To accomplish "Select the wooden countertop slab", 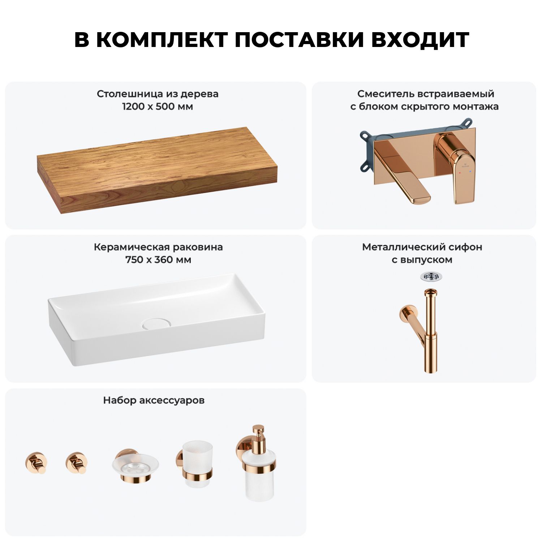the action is click(x=157, y=170).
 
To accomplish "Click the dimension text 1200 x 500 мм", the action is click(x=158, y=107).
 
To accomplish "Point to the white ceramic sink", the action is click(x=156, y=319).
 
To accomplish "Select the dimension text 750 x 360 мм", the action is click(x=158, y=260).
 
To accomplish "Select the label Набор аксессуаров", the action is click(x=154, y=400).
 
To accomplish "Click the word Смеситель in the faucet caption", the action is click(x=386, y=94).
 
